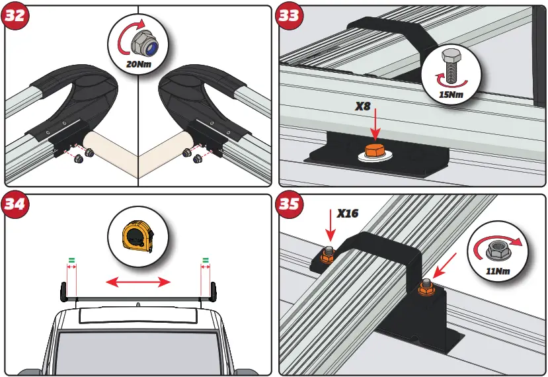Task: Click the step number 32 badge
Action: pos(15,16)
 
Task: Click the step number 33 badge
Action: pos(289,16)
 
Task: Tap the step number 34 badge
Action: pos(15,204)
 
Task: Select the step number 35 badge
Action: pos(289,204)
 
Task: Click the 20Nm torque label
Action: pos(139,64)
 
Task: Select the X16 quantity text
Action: pos(348,214)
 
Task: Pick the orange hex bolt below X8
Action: pos(373,151)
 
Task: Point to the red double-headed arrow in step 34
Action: pos(139,283)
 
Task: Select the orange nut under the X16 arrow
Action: pos(327,255)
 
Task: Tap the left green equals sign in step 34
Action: pos(72,260)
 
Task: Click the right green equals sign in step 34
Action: pos(206,260)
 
